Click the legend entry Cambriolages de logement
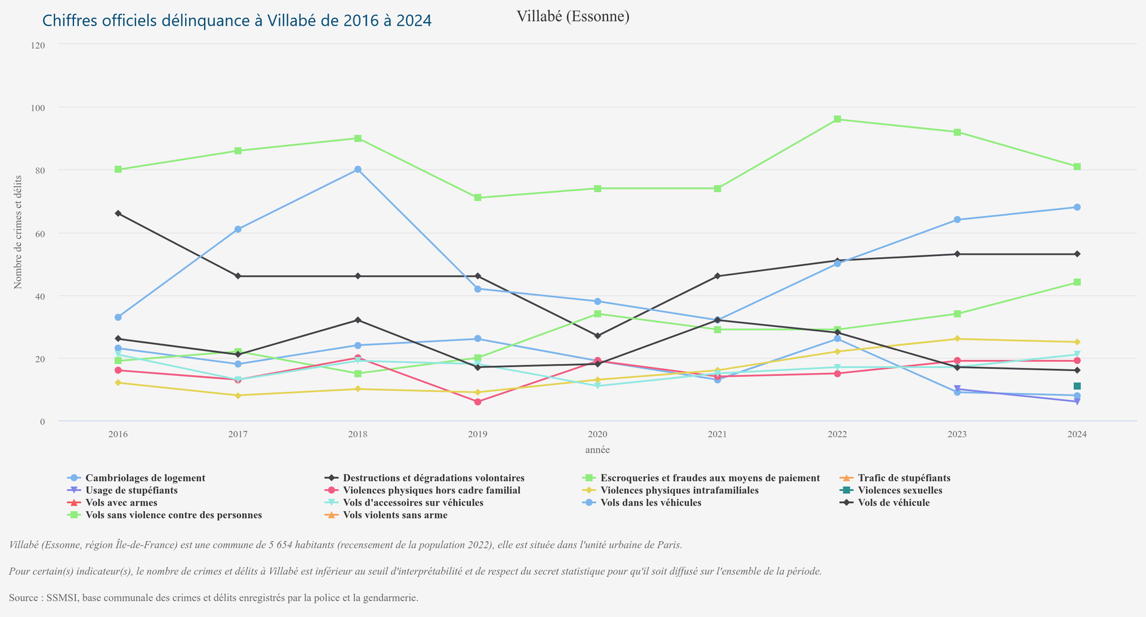[x=145, y=478]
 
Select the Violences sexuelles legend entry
[x=900, y=490]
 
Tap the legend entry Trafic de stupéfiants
[x=904, y=478]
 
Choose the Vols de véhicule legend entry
[x=894, y=502]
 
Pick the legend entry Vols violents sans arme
[x=395, y=515]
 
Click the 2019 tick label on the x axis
[x=478, y=434]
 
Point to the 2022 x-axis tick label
[x=837, y=434]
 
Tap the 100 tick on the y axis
[x=38, y=108]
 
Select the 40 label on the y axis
[x=40, y=297]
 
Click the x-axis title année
[x=597, y=450]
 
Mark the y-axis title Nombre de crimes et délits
[x=18, y=232]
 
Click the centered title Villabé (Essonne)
[x=572, y=16]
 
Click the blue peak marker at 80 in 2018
[x=358, y=169]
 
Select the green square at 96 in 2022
[x=837, y=119]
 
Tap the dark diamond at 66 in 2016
[x=118, y=214]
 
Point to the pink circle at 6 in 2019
[x=478, y=402]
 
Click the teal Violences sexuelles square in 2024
[x=1077, y=387]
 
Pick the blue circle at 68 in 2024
[x=1077, y=208]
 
